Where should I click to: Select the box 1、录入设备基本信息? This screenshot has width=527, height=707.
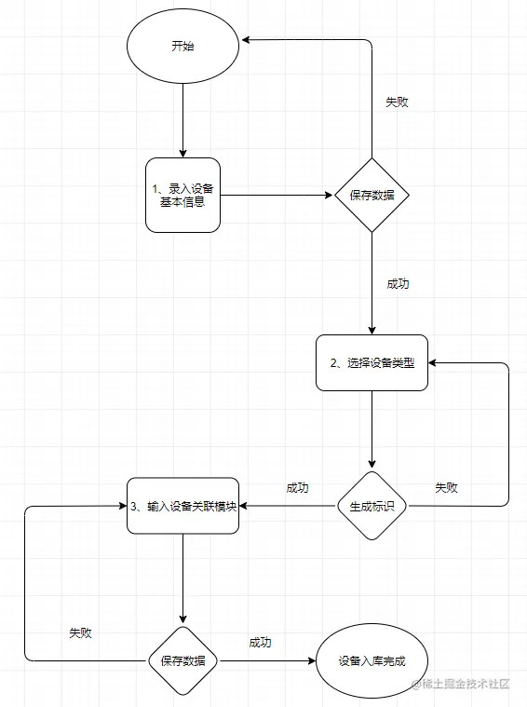183,195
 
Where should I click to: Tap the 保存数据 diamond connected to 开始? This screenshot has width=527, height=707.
372,195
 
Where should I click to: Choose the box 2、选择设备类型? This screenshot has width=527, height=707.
372,362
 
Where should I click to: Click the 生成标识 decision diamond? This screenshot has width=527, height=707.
372,506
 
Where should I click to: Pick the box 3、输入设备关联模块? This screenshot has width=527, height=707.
183,506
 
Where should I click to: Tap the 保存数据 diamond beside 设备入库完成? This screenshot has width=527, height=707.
182,661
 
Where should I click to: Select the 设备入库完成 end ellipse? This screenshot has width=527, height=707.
372,661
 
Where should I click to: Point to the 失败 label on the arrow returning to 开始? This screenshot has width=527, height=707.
397,102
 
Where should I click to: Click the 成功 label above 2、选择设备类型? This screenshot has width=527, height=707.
398,284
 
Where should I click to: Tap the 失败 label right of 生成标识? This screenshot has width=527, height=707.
447,487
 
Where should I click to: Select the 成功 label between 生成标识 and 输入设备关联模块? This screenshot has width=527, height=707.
298,487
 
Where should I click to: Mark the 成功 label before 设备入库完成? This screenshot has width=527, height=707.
260,643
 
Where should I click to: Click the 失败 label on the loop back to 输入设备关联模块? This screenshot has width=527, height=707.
80,632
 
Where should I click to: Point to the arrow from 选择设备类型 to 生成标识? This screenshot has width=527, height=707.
372,428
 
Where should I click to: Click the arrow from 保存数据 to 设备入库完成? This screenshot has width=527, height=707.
265,661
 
